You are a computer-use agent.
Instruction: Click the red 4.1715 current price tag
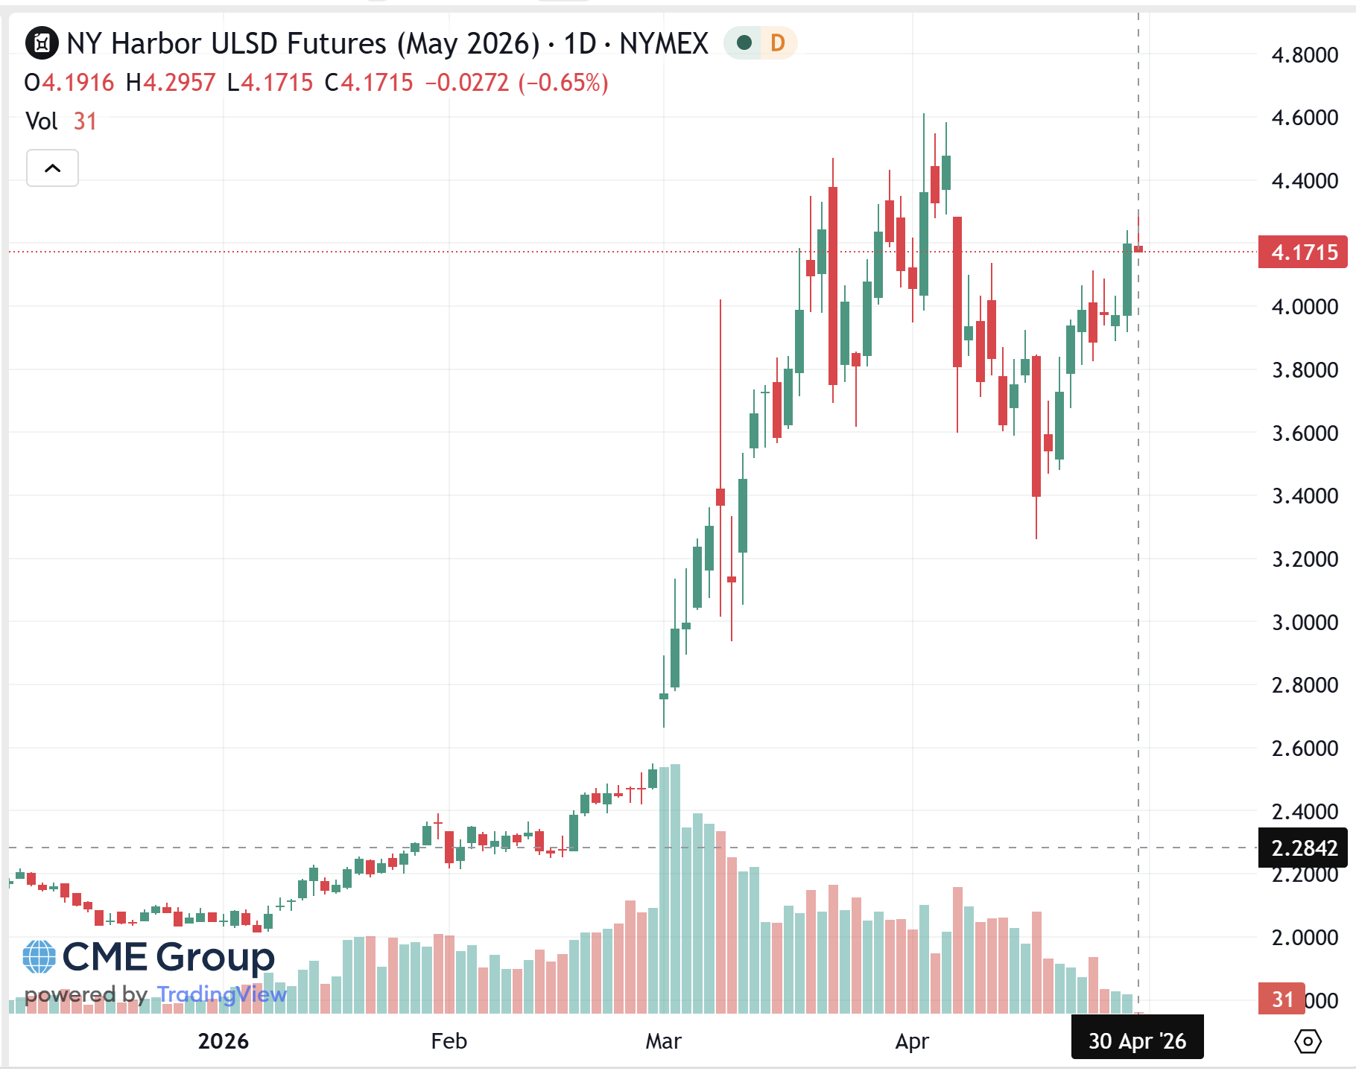pyautogui.click(x=1302, y=252)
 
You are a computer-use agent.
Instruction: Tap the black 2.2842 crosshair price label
pyautogui.click(x=1302, y=848)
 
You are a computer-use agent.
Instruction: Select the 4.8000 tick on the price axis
pyautogui.click(x=1304, y=55)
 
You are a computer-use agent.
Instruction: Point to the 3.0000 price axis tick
pyautogui.click(x=1304, y=623)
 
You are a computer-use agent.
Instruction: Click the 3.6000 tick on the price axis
pyautogui.click(x=1304, y=433)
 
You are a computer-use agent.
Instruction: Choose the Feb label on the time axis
pyautogui.click(x=449, y=1041)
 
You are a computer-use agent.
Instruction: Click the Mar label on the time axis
pyautogui.click(x=663, y=1041)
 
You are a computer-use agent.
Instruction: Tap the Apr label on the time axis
pyautogui.click(x=912, y=1041)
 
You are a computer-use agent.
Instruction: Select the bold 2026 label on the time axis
pyautogui.click(x=223, y=1041)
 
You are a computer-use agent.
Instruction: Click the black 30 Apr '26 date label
pyautogui.click(x=1137, y=1040)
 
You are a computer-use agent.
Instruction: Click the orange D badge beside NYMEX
pyautogui.click(x=777, y=43)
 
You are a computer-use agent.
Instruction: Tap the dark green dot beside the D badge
pyautogui.click(x=743, y=43)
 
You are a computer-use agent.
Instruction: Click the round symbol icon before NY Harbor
pyautogui.click(x=42, y=43)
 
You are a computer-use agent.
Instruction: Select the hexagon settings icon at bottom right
pyautogui.click(x=1308, y=1041)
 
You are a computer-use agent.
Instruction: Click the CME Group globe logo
pyautogui.click(x=39, y=957)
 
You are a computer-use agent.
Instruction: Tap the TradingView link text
pyautogui.click(x=222, y=994)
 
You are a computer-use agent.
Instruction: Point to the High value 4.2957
pyautogui.click(x=179, y=83)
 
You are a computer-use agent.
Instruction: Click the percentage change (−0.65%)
pyautogui.click(x=563, y=83)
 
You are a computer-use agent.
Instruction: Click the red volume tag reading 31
pyautogui.click(x=1281, y=999)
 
